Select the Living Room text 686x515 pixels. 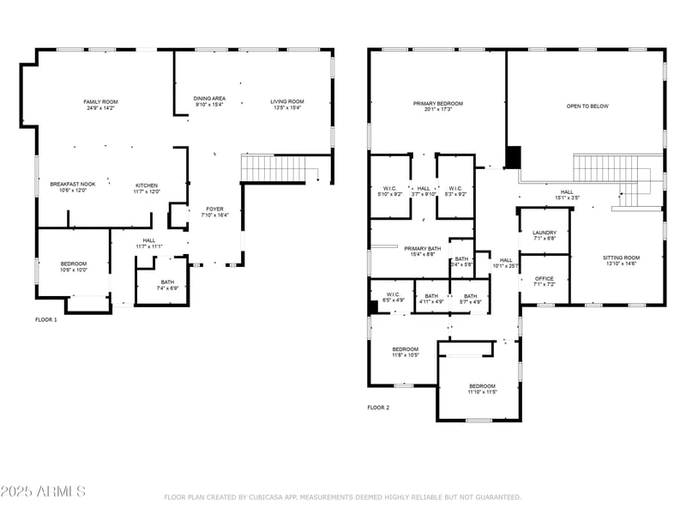(x=287, y=101)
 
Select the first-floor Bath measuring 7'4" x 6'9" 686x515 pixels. (x=167, y=284)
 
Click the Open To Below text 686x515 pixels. (x=587, y=106)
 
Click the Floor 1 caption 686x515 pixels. (x=46, y=319)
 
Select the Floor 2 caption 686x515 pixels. (x=378, y=408)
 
